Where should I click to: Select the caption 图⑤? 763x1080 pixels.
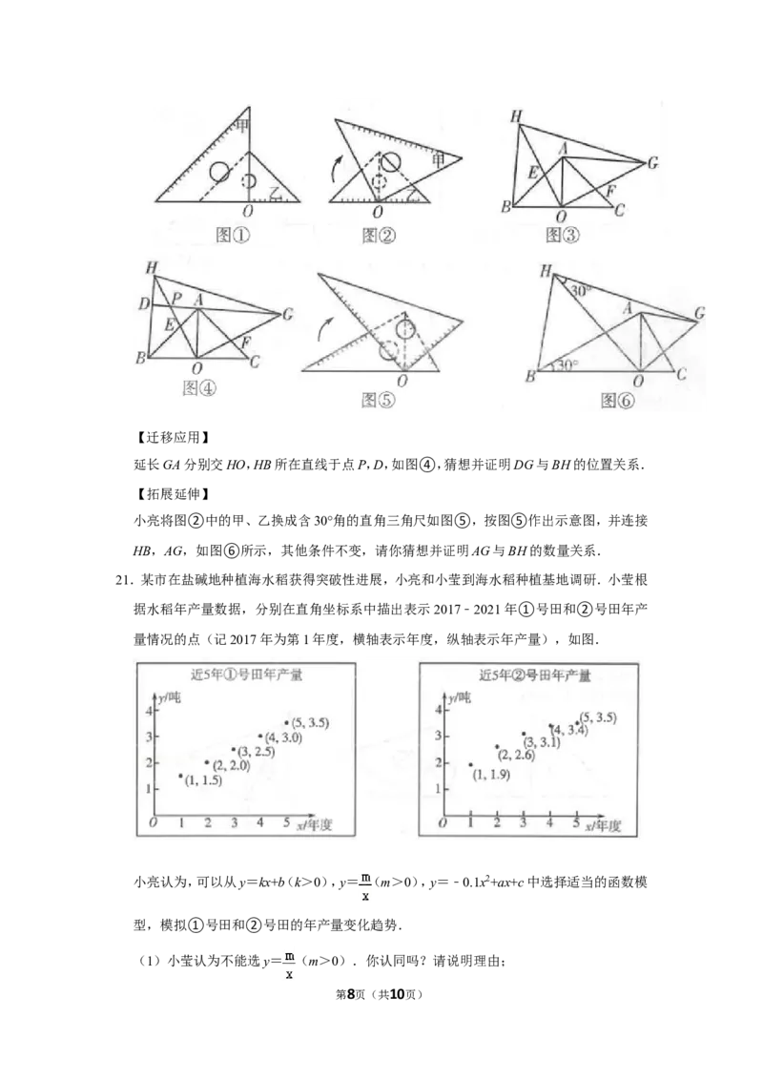376,399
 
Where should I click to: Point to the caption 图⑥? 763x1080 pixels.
619,401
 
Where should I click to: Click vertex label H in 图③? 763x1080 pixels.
516,117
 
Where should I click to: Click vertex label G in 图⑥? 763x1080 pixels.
700,313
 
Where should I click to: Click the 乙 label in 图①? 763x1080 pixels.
275,194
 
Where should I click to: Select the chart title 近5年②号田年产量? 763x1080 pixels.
534,675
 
